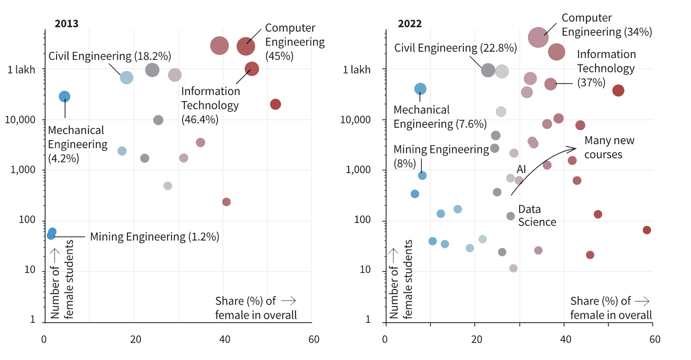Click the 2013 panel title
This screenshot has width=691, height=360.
coord(66,24)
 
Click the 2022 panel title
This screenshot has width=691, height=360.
coord(410,24)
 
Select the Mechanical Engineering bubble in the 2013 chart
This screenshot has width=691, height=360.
coord(64,96)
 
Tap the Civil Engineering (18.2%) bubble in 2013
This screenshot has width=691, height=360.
coord(126,78)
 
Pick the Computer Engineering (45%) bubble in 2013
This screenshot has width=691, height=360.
coord(246,46)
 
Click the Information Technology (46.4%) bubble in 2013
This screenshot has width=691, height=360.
coord(252,69)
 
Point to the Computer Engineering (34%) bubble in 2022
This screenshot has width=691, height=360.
coord(538,37)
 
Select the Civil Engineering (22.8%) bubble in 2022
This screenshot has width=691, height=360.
coord(488,70)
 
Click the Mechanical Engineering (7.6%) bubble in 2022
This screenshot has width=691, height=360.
coord(420,89)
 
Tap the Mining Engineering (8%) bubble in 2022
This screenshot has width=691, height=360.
coord(422,175)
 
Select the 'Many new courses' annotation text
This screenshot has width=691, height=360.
coord(609,147)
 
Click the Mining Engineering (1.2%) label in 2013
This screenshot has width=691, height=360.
coord(155,237)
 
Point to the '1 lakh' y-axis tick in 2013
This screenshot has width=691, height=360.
coord(21,70)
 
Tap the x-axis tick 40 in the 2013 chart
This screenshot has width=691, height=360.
coord(224,340)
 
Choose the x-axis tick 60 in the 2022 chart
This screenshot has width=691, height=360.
coord(654,340)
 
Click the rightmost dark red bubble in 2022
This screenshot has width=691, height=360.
coord(647,230)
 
